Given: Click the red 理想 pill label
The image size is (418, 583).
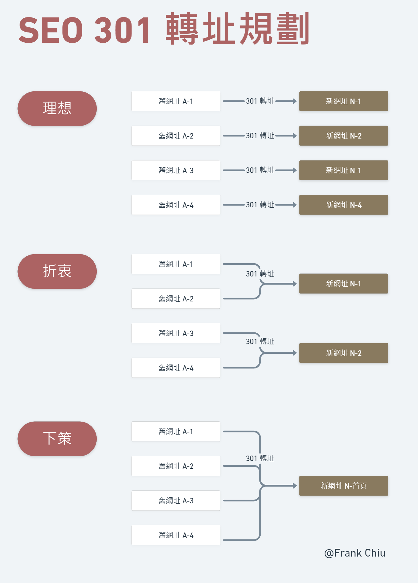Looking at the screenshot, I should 57,108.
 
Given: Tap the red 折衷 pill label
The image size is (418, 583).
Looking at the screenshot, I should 57,271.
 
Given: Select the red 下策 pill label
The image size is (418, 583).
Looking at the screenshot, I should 57,439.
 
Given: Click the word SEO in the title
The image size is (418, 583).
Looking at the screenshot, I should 51,30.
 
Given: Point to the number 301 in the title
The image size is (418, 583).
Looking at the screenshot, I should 123,30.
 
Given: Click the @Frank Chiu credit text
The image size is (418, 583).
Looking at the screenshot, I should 355,553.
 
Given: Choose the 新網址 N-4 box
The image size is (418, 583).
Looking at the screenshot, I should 344,205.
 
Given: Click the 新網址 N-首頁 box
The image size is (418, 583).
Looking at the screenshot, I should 344,486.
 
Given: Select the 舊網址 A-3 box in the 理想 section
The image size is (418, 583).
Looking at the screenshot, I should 176,170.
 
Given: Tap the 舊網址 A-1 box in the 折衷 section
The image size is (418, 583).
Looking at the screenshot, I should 176,264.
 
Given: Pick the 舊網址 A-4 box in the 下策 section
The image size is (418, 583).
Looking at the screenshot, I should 176,535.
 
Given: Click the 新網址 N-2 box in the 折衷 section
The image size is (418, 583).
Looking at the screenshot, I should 344,353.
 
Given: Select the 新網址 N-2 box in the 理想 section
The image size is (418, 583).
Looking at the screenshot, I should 344,136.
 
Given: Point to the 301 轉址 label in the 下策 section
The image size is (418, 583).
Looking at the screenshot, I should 260,458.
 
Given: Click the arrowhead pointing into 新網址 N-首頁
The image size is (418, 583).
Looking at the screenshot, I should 295,486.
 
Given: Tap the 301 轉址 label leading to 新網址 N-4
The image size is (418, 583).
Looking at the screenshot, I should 260,205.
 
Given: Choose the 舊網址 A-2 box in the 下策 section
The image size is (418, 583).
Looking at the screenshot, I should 176,466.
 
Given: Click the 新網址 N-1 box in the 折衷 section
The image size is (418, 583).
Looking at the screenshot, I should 344,284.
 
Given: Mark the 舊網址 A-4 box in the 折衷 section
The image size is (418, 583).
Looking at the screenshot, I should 176,368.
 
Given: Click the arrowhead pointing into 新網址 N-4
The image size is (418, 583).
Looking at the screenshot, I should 295,205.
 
